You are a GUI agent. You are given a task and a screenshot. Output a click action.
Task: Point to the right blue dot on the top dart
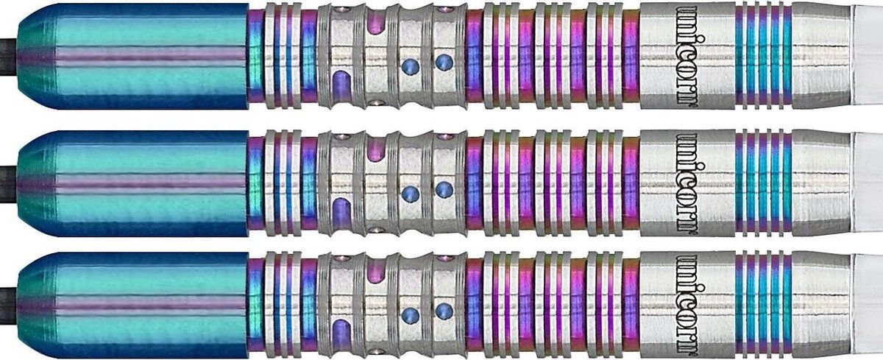(444, 62)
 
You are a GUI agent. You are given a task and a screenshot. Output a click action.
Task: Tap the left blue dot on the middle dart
(410, 193)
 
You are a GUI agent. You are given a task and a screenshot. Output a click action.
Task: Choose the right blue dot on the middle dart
(444, 189)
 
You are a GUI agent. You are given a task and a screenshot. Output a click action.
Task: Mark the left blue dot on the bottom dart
(410, 314)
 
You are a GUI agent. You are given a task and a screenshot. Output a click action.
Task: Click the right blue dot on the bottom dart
(444, 311)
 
